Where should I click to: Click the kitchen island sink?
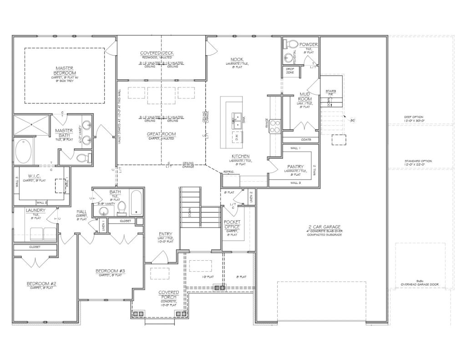[x=237, y=119]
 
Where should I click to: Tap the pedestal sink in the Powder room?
[x=289, y=58]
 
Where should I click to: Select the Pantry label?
[x=295, y=167]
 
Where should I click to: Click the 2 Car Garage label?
[x=323, y=227]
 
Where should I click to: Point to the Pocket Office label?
[x=232, y=224]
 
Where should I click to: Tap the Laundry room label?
[x=35, y=210]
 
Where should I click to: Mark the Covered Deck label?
[x=157, y=53]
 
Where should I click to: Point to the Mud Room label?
[x=305, y=96]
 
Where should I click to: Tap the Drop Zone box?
[x=290, y=71]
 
